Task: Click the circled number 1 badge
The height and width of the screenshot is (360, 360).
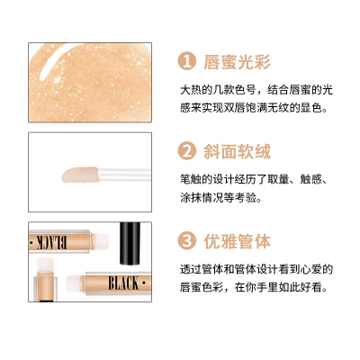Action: click(x=187, y=61)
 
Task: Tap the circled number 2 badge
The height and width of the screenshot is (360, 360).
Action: click(x=187, y=151)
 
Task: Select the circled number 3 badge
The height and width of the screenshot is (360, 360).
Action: click(x=187, y=240)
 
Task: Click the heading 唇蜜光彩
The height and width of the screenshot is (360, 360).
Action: click(x=237, y=62)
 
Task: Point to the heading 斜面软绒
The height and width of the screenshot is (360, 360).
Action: click(x=237, y=151)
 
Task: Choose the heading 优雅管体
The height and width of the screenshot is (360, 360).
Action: click(x=237, y=241)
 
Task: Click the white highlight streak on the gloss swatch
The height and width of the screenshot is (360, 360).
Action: click(x=49, y=61)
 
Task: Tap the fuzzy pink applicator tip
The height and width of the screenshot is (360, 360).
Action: click(x=80, y=175)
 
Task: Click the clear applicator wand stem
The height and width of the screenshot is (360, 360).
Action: click(x=124, y=175)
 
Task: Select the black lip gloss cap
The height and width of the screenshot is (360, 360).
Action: click(x=130, y=243)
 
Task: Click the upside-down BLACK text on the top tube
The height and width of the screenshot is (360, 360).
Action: click(x=51, y=242)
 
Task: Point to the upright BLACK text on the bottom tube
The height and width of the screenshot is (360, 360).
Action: click(x=123, y=283)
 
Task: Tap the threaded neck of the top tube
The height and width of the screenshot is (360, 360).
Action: click(x=101, y=242)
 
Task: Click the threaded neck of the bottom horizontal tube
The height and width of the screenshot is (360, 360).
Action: click(x=75, y=283)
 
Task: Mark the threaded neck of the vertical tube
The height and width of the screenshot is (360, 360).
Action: click(x=45, y=265)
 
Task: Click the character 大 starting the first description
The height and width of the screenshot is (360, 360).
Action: click(x=185, y=90)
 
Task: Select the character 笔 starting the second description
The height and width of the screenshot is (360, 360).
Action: click(x=185, y=179)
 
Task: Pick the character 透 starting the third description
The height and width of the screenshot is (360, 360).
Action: click(x=185, y=269)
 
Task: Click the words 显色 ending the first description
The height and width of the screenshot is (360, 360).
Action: click(x=310, y=108)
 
